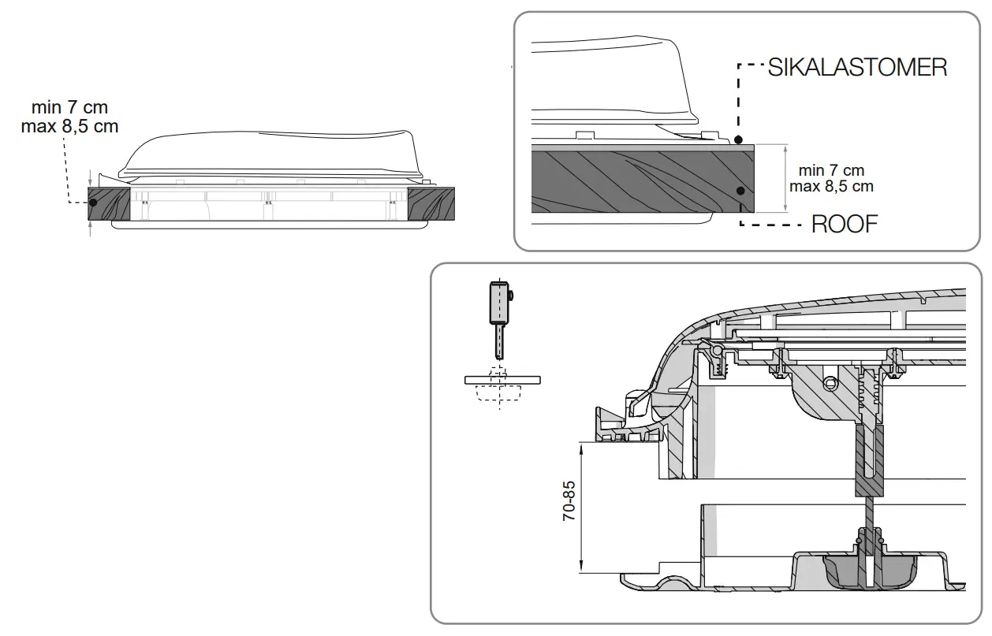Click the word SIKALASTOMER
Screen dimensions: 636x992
857,67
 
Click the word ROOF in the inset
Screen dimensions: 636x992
845,225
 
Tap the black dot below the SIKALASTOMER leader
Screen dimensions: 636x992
738,140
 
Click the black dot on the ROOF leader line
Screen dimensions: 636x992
740,191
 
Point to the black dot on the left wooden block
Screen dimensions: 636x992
93,203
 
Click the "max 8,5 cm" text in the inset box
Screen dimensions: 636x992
831,187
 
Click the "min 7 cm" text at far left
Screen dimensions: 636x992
69,107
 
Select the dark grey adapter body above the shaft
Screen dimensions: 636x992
496,303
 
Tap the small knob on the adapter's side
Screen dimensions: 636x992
512,295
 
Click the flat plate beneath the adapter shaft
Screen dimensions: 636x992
504,379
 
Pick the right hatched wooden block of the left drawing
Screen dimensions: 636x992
431,203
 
